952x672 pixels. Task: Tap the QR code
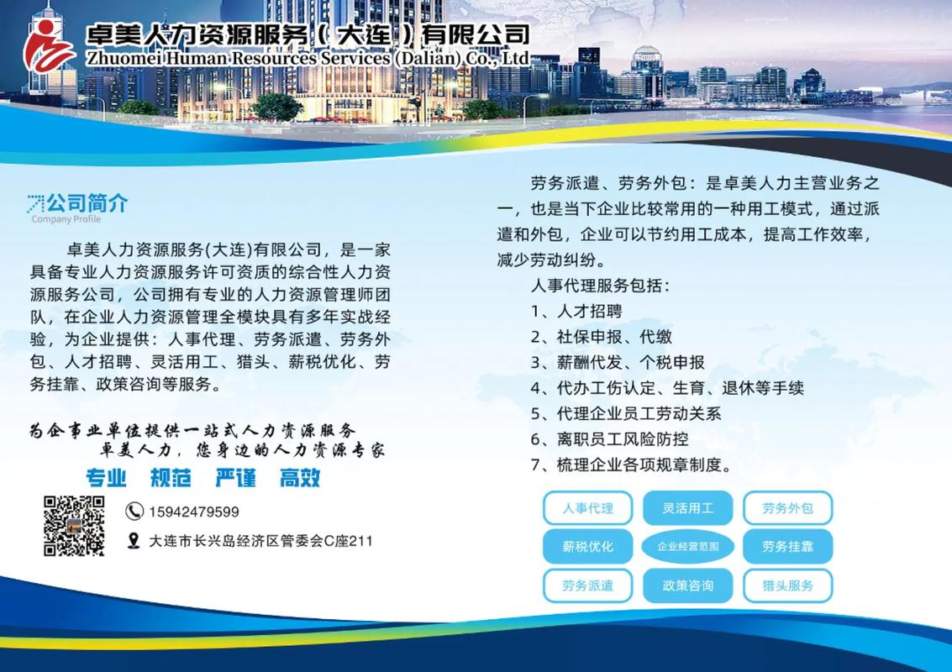point(74,526)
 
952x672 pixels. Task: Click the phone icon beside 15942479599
point(134,511)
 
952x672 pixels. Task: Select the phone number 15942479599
point(194,512)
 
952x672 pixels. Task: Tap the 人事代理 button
point(587,508)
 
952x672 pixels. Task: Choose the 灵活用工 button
point(688,508)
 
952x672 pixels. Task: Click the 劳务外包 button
point(787,508)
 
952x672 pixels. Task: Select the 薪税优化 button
point(587,547)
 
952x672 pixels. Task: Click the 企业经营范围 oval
point(688,547)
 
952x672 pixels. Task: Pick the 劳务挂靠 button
point(787,547)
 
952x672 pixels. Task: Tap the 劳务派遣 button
point(587,585)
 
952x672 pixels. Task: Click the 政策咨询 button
point(688,585)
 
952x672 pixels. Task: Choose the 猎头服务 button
point(787,585)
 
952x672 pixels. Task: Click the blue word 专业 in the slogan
point(106,478)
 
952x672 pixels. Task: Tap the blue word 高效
point(300,478)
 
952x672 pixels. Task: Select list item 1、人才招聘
point(576,311)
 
